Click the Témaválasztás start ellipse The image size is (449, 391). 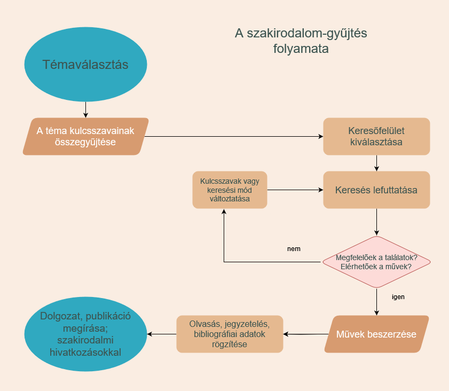point(85,64)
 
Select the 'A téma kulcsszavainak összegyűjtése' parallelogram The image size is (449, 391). point(85,136)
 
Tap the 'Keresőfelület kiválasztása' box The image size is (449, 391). point(376,136)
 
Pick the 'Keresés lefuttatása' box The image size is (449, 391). point(376,190)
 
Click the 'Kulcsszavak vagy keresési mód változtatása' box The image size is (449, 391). point(230,190)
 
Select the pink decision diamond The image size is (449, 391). point(376,262)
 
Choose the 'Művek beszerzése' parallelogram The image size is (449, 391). point(376,334)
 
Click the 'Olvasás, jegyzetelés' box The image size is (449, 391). point(230,334)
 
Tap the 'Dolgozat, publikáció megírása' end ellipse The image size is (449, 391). point(85,334)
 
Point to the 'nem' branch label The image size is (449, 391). point(294,248)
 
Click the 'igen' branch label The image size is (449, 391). point(398,297)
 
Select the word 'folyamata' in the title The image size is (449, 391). point(301,49)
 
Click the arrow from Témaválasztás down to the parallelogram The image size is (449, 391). point(85,110)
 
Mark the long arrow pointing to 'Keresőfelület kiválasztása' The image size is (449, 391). point(234,136)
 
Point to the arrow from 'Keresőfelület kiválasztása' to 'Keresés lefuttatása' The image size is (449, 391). point(376,163)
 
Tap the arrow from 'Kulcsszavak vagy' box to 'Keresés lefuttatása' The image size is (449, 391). point(295,190)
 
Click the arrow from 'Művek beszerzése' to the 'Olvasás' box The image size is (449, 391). point(306,334)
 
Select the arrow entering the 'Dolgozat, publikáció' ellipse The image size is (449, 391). point(162,334)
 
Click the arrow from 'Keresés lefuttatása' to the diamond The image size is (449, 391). point(376,222)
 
